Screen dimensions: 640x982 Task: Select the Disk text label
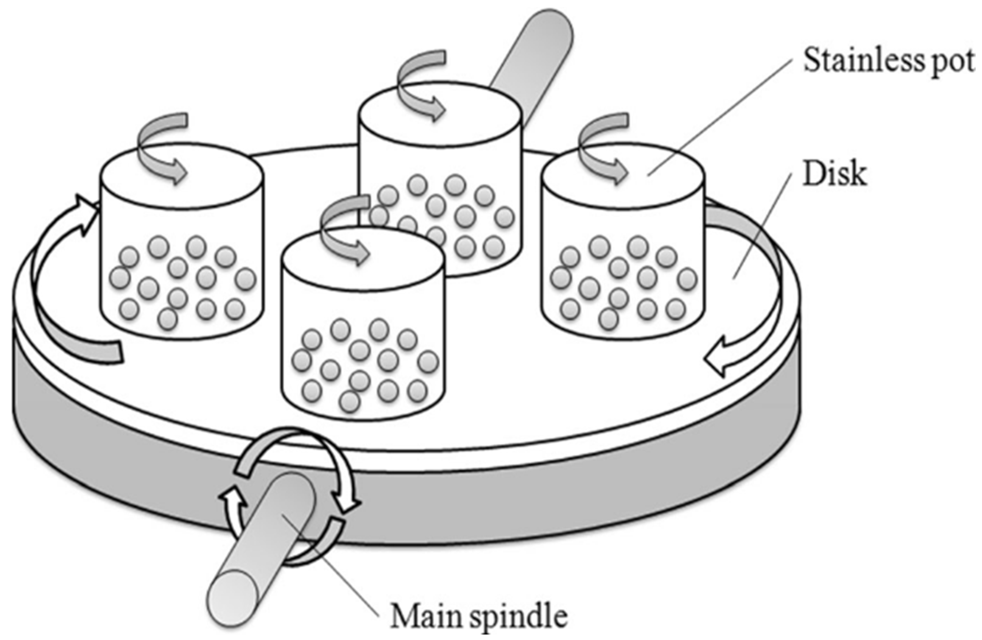833,175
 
